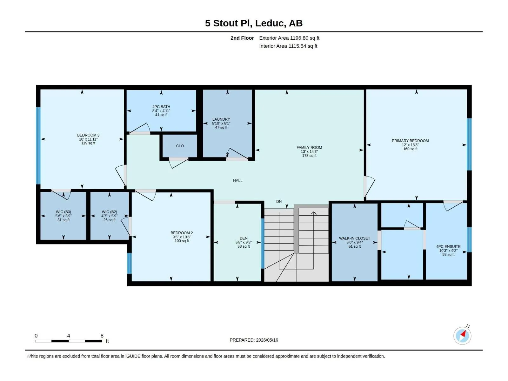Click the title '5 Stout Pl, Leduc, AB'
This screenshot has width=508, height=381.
tap(254, 23)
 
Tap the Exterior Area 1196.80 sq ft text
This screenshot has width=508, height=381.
tap(289, 38)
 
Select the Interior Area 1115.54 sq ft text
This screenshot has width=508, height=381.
tap(288, 46)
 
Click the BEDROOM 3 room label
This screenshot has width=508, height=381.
tap(88, 135)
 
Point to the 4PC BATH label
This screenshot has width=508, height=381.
tap(161, 107)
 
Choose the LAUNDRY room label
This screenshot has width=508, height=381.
tap(221, 119)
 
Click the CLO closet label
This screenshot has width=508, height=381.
tap(180, 146)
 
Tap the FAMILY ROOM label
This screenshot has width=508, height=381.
tap(309, 147)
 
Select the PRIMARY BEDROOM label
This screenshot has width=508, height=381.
tap(410, 141)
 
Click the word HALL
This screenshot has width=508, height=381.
tap(238, 180)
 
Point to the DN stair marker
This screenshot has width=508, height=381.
tap(279, 202)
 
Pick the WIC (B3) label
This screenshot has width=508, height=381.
tap(63, 212)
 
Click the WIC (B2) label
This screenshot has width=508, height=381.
tap(109, 212)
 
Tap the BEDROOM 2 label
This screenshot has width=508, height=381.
tap(182, 233)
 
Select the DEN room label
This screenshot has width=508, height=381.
tap(244, 238)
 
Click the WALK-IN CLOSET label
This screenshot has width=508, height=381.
tap(355, 238)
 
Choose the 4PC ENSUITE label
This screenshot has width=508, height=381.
tap(448, 247)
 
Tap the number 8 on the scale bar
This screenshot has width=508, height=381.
tap(102, 336)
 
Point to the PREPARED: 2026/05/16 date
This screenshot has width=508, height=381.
tap(254, 340)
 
